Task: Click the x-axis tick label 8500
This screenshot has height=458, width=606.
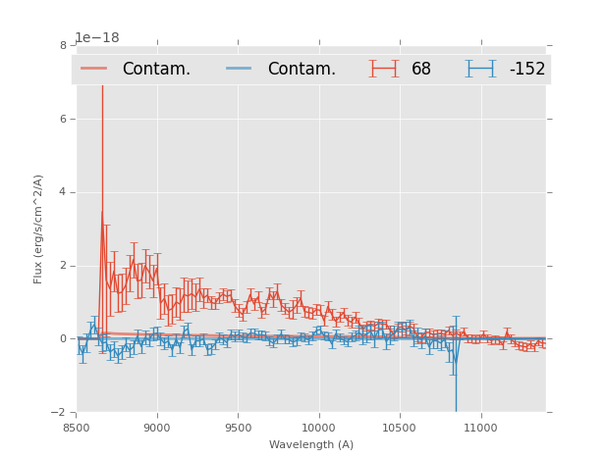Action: pos(77,428)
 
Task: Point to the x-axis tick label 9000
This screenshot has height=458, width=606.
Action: pos(157,428)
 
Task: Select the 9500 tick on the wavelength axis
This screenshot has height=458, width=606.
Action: pos(238,428)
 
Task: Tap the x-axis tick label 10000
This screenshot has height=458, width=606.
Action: pos(318,428)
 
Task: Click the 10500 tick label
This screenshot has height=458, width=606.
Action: pos(399,428)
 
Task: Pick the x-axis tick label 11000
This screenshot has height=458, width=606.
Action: pos(480,428)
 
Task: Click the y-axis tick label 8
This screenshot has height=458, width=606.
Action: pos(63,45)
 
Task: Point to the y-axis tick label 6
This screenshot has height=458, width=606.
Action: pos(63,119)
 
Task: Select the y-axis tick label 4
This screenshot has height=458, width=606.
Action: pos(63,192)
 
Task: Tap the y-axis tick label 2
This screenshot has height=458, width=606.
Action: pos(63,266)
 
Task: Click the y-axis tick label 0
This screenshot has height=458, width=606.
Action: pos(63,338)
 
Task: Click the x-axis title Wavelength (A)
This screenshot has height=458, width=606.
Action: pos(311,444)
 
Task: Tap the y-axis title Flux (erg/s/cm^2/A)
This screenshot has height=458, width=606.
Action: pos(39,229)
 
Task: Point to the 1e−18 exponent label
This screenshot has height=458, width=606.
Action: pos(97,37)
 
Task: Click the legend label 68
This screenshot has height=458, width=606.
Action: pos(421,69)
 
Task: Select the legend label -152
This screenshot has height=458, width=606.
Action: pos(526,69)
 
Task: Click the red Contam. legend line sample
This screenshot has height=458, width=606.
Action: pos(94,69)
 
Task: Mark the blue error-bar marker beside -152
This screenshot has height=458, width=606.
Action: pos(481,69)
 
